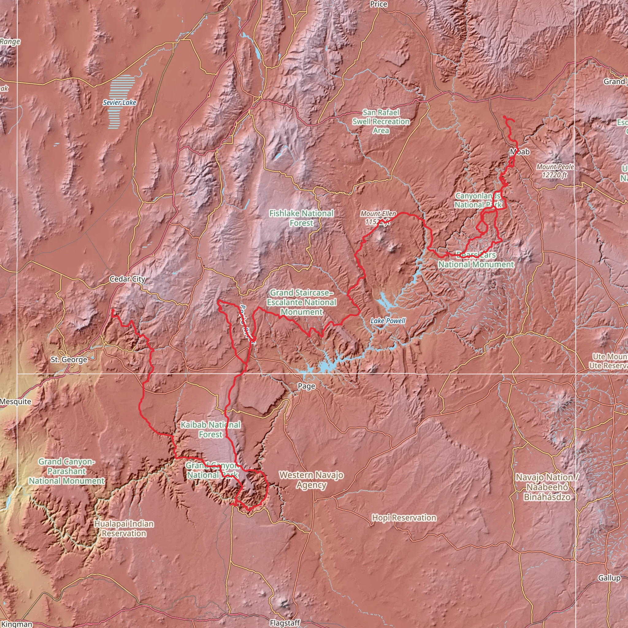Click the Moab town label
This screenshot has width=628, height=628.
coord(520,152)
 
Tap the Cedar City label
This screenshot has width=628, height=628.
coord(128,279)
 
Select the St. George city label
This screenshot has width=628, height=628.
coord(69,359)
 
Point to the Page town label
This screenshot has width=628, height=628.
coord(307,386)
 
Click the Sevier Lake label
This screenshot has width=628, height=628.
coord(120,103)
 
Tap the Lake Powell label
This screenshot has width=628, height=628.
coord(388,321)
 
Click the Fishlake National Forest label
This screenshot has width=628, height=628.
coord(301,218)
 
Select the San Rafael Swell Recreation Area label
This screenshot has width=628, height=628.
coord(381,121)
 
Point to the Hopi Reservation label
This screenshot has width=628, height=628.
coord(404,518)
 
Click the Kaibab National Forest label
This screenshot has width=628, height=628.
coord(211,429)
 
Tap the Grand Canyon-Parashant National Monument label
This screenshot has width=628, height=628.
coord(67,471)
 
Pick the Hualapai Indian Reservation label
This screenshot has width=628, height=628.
coord(124,529)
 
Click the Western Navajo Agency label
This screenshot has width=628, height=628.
coord(311,480)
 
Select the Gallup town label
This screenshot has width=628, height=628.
coord(609,578)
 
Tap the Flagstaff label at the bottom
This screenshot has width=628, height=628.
coord(285,623)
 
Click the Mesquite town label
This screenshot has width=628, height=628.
coord(16,402)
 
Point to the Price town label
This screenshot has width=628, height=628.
coord(379,4)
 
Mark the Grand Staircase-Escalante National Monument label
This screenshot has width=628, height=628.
coord(301,302)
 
